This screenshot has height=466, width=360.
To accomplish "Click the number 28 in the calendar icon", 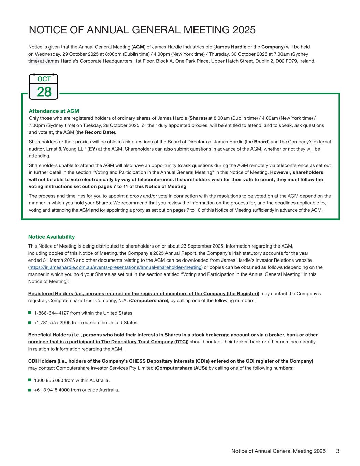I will coord(44,92).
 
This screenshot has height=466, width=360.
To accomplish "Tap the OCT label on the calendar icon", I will coord(44,79).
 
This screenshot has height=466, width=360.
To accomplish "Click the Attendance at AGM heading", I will coord(54,111).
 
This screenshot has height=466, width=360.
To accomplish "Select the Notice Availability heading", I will coord(52,237).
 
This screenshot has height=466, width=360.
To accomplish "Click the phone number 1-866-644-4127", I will coord(49,313).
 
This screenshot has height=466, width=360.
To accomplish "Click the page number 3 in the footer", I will coord(337,451).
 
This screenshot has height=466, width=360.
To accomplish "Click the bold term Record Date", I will coord(99,132).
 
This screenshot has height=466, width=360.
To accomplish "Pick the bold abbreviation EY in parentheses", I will coord(92,149).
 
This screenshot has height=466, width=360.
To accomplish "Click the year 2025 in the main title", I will coord(244,30).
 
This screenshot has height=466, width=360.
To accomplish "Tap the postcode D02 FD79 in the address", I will coord(286,61).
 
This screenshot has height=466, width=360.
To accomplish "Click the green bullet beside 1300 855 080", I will coord(30,380).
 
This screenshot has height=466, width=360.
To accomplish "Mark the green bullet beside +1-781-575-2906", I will coord(30,322).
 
